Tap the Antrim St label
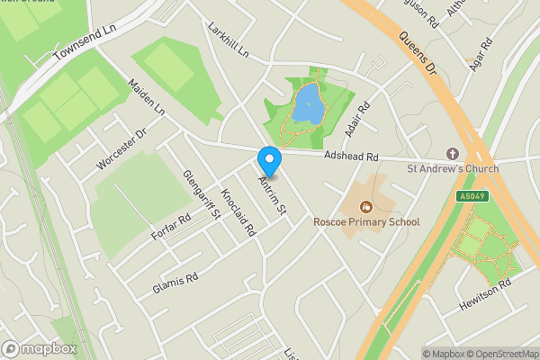271,195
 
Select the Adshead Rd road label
352,157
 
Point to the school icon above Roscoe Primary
366,207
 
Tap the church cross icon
452,155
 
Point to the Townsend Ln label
85,41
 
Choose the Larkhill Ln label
227,40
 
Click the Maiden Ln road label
147,99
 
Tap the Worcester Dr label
121,149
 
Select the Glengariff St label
202,194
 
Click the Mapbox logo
40,348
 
